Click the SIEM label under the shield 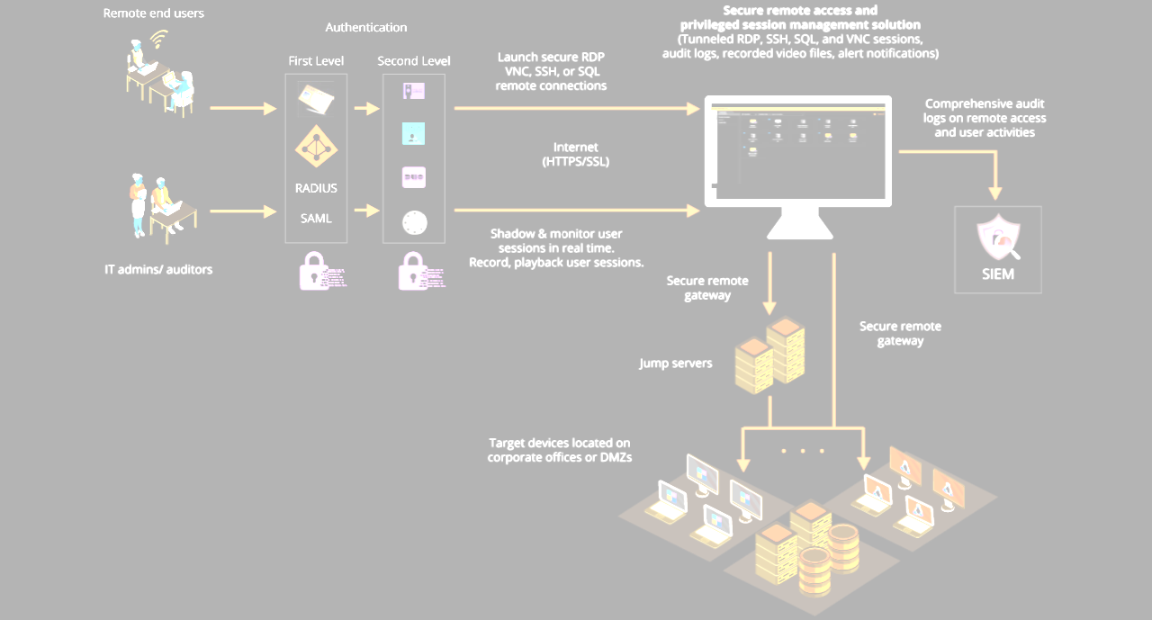tap(998, 274)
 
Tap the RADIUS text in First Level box tap(316, 189)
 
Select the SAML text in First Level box tap(316, 218)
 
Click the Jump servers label tap(676, 364)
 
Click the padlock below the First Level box tap(314, 270)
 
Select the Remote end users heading tap(154, 13)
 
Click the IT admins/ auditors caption tap(158, 269)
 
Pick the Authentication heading tap(366, 28)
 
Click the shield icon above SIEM tap(998, 238)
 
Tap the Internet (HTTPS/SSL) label tap(576, 155)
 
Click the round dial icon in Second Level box tap(414, 222)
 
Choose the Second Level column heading tap(414, 61)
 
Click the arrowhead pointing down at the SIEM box tap(996, 193)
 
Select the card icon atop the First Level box tap(316, 97)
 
